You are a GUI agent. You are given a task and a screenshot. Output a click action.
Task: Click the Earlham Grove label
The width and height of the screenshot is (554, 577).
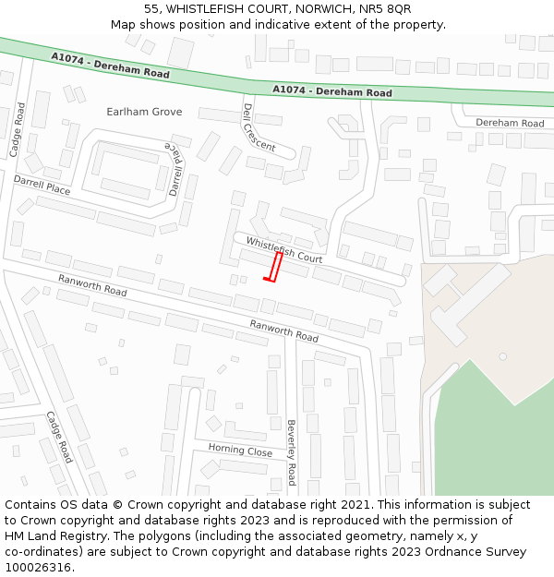click(144, 112)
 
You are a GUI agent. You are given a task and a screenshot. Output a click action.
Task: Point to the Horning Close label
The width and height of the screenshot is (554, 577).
click(239, 451)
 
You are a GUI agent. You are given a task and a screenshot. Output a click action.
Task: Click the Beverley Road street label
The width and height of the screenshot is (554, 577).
click(291, 452)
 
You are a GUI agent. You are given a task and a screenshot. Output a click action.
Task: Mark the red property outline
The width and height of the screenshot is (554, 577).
click(274, 267)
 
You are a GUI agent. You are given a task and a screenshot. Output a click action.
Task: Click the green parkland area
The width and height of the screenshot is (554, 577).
click(499, 434)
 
